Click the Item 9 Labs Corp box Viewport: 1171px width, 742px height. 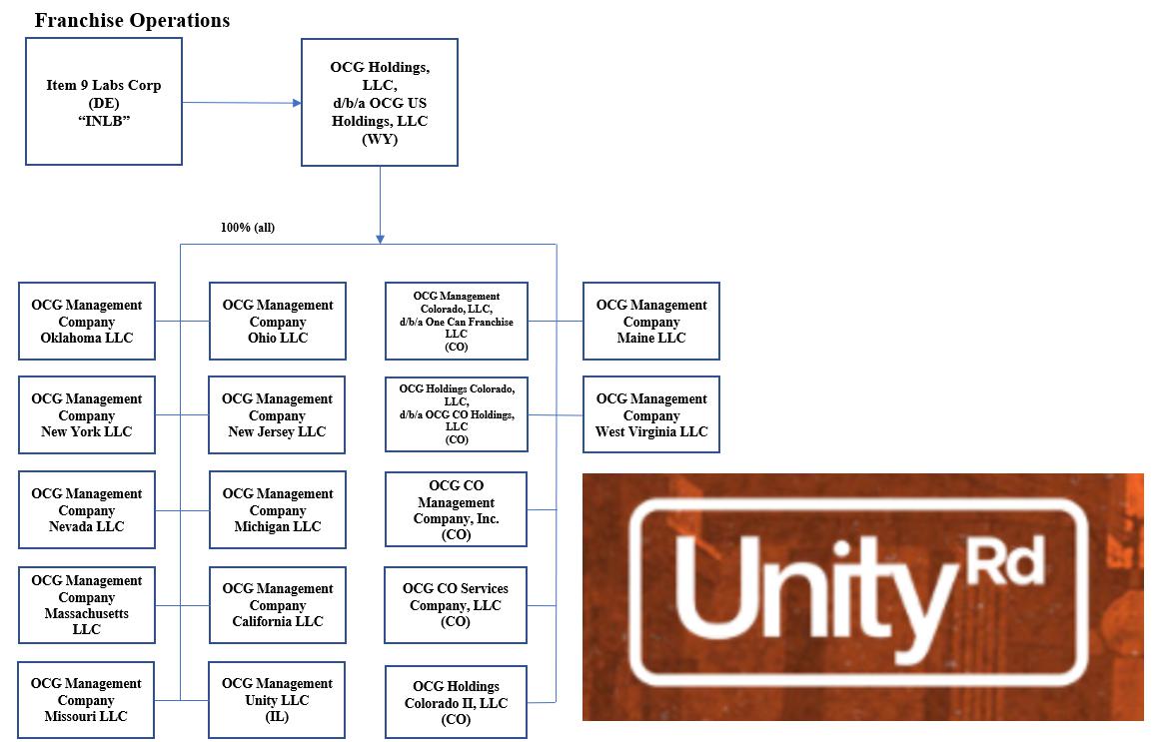(104, 101)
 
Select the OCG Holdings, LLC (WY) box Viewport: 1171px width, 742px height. (380, 102)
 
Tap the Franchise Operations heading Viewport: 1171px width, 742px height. (132, 20)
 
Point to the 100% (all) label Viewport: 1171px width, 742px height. (248, 228)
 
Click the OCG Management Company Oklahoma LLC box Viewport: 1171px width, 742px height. (87, 322)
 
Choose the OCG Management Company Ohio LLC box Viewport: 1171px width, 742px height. (278, 322)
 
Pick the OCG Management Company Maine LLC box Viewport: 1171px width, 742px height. (651, 322)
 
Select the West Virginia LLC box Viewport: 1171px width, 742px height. (651, 415)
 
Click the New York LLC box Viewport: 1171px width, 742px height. (87, 415)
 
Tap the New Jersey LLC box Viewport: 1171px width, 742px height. (277, 415)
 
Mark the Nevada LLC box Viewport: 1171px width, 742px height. (87, 510)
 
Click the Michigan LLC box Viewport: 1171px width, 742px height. (278, 510)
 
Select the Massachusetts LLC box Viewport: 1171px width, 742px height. (87, 605)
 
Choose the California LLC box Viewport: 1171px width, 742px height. (278, 605)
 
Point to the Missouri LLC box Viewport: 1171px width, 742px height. (87, 700)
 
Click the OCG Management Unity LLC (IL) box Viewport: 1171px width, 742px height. (277, 700)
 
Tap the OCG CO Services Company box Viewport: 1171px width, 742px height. (456, 605)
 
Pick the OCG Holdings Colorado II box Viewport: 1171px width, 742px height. (456, 703)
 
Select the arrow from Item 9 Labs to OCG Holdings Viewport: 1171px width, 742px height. (241, 102)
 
